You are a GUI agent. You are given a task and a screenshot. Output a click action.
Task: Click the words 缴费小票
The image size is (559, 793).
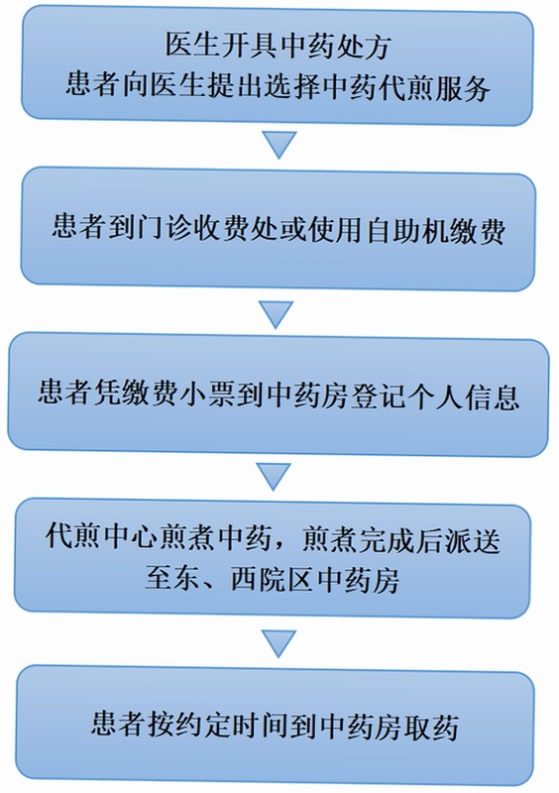[x=164, y=393]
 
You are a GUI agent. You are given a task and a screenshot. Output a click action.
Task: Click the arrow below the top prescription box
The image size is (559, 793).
[x=279, y=145]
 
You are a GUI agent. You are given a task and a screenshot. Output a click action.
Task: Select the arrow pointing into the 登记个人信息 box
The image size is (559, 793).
[x=276, y=314]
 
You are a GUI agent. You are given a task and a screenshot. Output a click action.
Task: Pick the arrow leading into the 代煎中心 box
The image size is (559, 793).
[x=274, y=477]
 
